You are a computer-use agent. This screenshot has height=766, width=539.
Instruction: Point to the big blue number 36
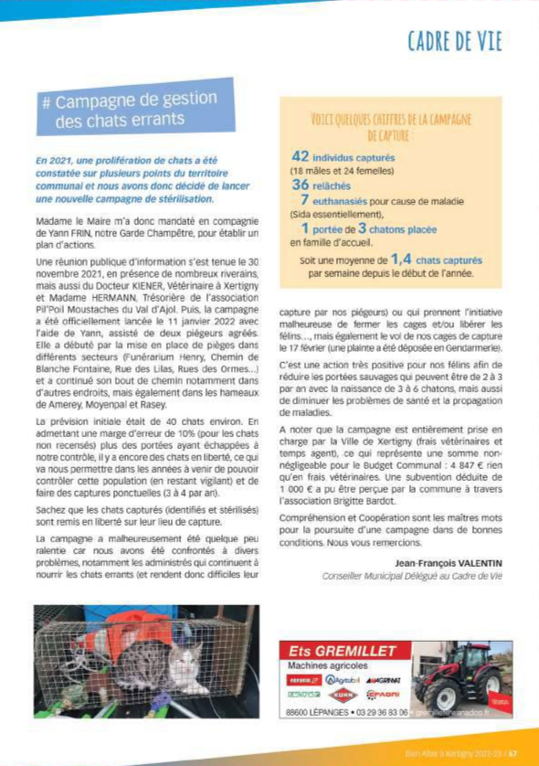coord(301,184)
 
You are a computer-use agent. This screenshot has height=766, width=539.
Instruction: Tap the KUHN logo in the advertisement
coord(345,694)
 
